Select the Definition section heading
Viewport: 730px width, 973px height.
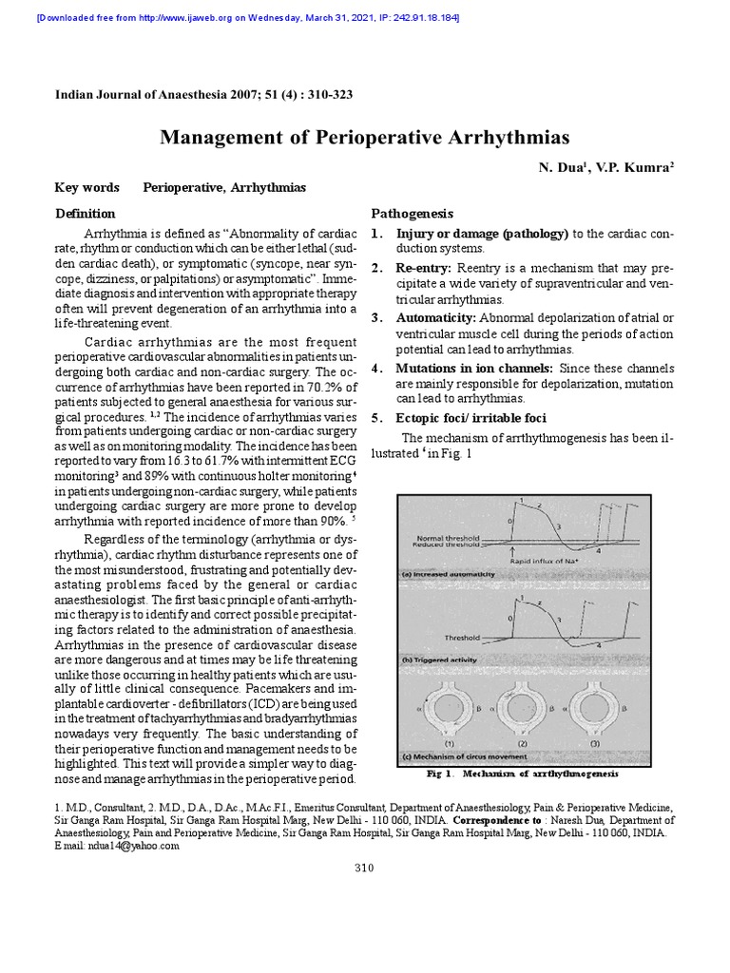86,214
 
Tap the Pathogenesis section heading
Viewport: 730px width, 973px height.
412,214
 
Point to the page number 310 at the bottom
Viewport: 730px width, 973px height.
364,868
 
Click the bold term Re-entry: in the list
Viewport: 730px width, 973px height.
424,269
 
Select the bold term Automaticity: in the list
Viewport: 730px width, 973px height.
436,317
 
